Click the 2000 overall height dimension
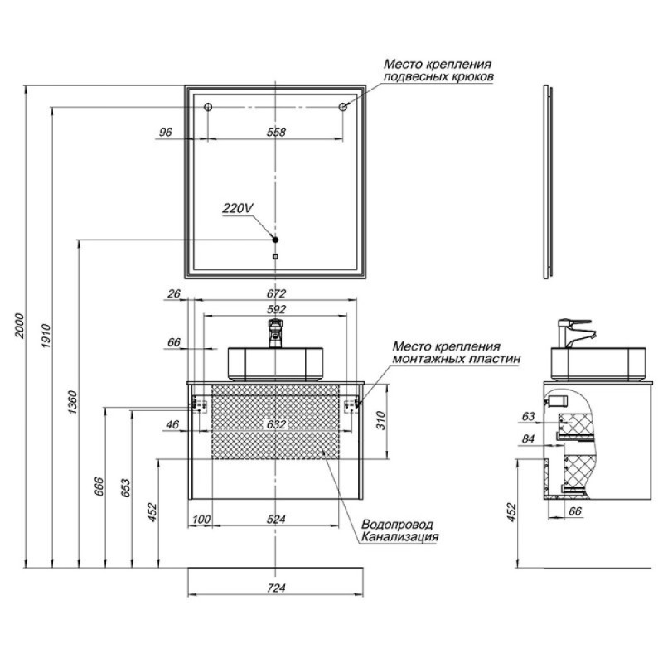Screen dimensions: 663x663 pos(20,326)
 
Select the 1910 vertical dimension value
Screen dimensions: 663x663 pos(46,336)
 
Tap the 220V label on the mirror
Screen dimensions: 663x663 pos(238,208)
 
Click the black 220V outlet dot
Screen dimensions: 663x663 pos(275,240)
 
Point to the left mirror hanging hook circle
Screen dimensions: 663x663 pos(208,107)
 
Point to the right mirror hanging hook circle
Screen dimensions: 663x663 pos(343,107)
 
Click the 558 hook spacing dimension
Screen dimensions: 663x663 pos(276,133)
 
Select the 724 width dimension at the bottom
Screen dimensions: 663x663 pos(276,588)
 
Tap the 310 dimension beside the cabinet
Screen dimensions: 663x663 pos(381,421)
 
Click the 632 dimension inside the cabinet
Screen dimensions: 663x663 pos(276,424)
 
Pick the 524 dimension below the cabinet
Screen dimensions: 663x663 pos(276,520)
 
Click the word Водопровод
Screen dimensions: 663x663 pos(397,525)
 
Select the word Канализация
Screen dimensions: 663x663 pos(399,537)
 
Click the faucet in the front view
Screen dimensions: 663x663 pos(275,333)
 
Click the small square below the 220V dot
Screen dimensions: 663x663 pos(276,256)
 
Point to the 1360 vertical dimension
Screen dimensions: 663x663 pos(73,402)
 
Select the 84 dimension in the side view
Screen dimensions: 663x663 pos(528,439)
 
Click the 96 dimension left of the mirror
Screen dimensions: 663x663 pos(165,133)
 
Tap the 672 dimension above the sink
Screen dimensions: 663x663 pos(276,293)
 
